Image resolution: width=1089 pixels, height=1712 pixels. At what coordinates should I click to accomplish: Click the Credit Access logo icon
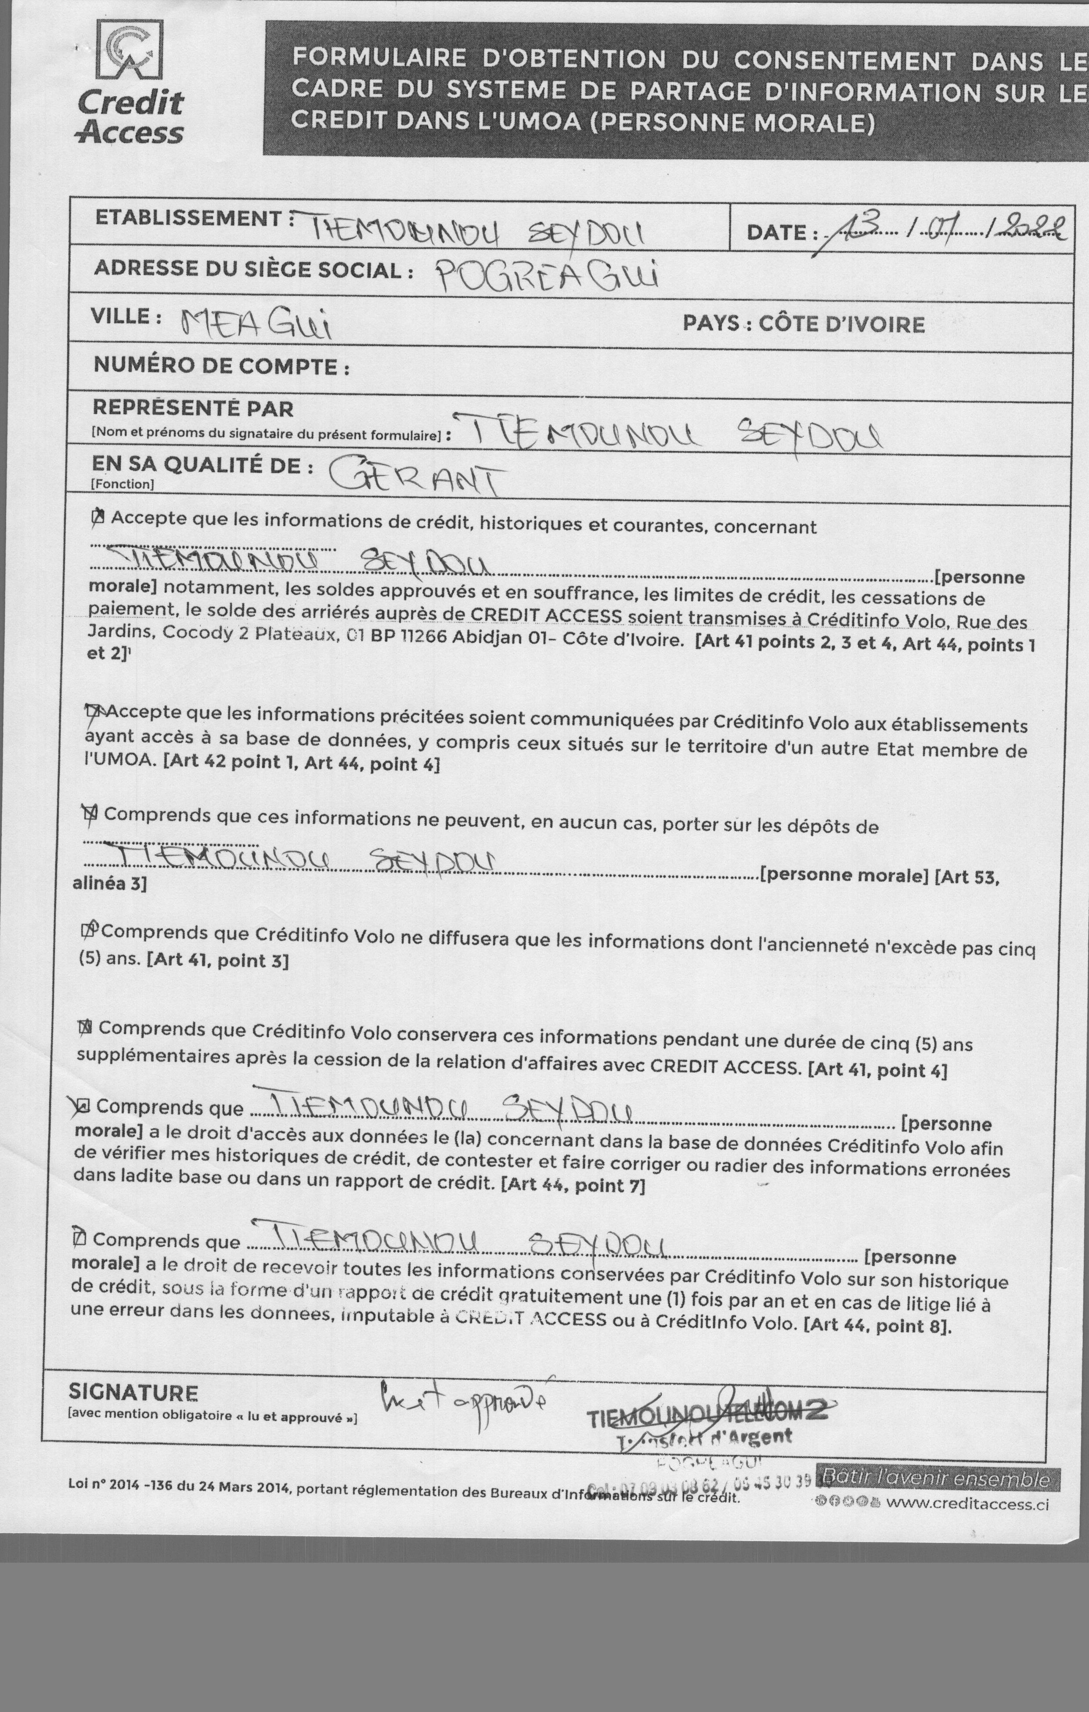coord(130,49)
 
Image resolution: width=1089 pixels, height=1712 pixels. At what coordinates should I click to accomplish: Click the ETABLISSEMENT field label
coord(189,218)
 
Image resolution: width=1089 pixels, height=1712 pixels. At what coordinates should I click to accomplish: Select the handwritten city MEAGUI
coord(256,324)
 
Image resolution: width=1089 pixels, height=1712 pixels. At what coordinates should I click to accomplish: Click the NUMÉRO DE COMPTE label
coord(221,366)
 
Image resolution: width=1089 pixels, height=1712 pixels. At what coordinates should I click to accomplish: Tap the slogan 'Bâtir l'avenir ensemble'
coord(935,1479)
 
